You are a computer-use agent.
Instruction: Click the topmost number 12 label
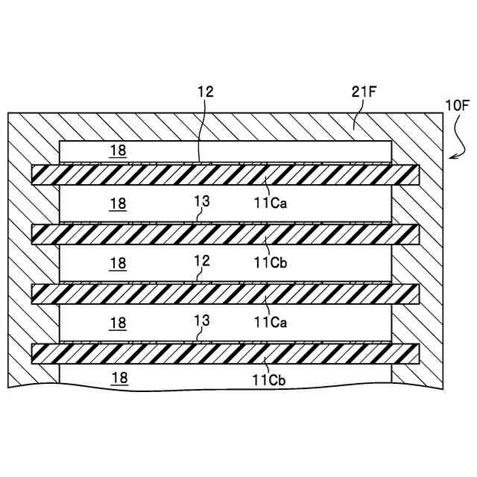205,92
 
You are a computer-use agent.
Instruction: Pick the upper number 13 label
201,201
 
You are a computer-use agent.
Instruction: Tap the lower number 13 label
201,320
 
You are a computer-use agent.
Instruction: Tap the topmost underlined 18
118,151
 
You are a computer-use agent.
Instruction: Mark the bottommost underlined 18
119,378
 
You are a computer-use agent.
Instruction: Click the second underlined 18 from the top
118,203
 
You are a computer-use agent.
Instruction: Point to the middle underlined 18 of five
118,262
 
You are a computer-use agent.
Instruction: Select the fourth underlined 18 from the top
118,323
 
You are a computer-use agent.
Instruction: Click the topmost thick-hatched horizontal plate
224,174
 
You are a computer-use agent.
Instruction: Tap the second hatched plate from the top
224,234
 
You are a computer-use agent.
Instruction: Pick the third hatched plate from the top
224,294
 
